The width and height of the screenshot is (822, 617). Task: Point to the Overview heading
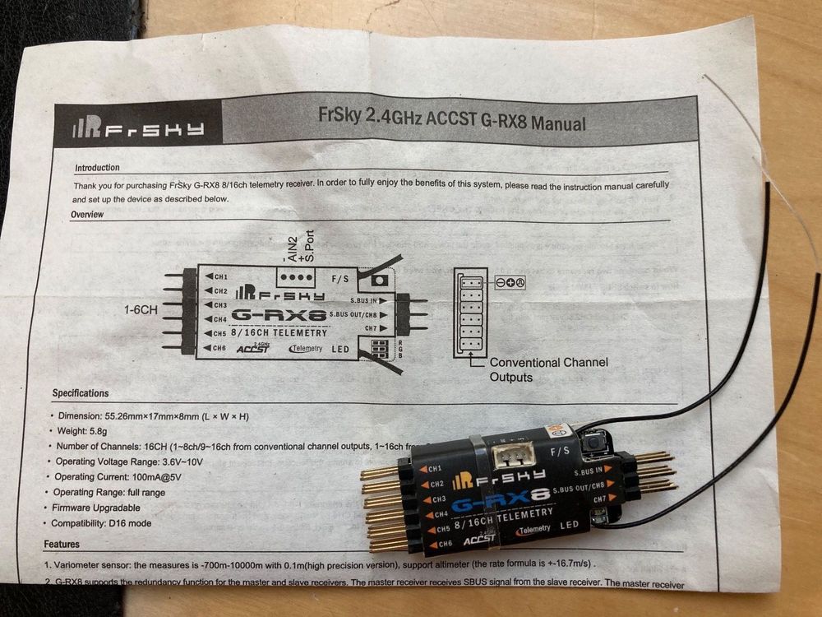[88, 215]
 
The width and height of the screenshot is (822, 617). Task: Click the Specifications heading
[81, 393]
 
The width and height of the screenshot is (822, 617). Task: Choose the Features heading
[62, 544]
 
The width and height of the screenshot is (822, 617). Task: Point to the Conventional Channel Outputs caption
[548, 369]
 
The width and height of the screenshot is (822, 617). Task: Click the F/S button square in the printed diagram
[379, 281]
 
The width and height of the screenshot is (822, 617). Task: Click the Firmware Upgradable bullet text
[98, 508]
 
